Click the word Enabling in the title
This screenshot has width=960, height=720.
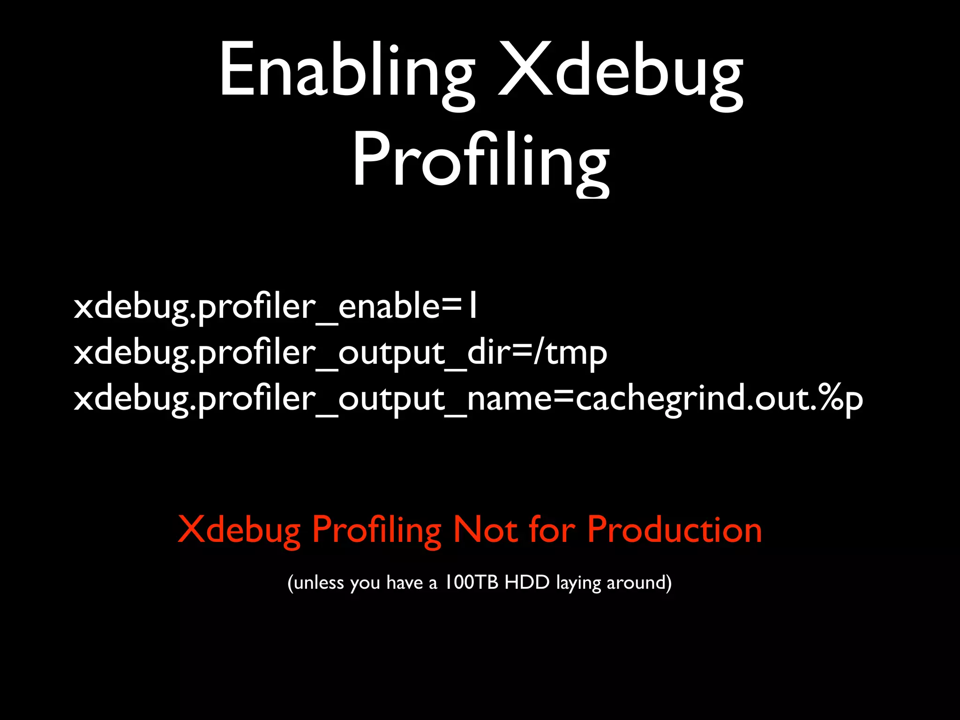347,70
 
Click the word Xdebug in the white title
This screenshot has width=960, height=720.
620,70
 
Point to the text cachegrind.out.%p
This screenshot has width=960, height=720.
719,398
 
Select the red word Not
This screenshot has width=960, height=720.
486,530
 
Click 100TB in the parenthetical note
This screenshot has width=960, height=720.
471,582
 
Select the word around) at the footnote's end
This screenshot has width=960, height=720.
639,583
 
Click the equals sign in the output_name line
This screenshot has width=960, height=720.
563,398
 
